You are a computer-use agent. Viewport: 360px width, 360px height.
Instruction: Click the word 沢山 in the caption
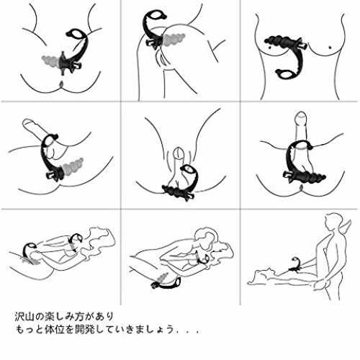(x=24, y=317)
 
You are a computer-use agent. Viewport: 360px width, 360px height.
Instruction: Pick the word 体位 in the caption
(x=53, y=329)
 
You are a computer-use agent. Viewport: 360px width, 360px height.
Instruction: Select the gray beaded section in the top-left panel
(x=50, y=61)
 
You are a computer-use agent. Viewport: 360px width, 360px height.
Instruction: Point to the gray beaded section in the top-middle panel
(x=174, y=39)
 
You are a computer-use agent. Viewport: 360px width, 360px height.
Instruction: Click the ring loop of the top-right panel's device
(x=286, y=74)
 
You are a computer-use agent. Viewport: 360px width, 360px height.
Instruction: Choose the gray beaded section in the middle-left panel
(x=73, y=166)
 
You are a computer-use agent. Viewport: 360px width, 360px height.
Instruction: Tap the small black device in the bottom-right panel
(x=294, y=264)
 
